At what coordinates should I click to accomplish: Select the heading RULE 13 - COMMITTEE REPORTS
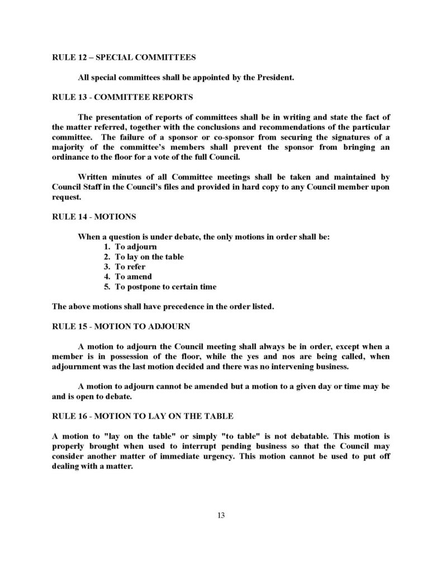coord(122,97)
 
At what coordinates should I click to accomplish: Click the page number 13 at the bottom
coord(221,515)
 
